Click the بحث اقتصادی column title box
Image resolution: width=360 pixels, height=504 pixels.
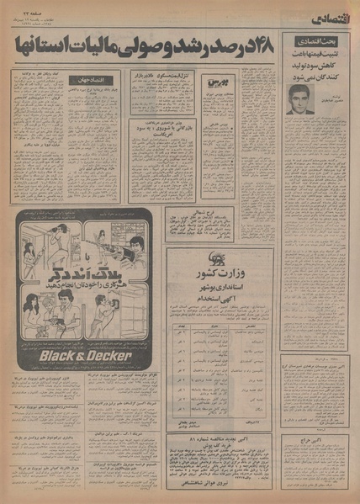315,40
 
